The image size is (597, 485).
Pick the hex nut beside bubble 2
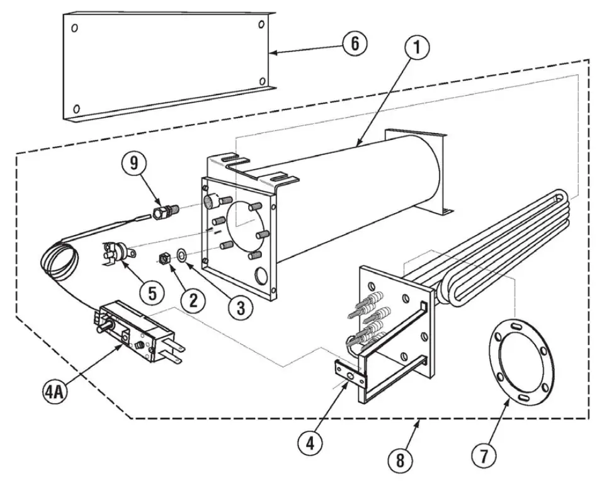[x=164, y=257]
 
